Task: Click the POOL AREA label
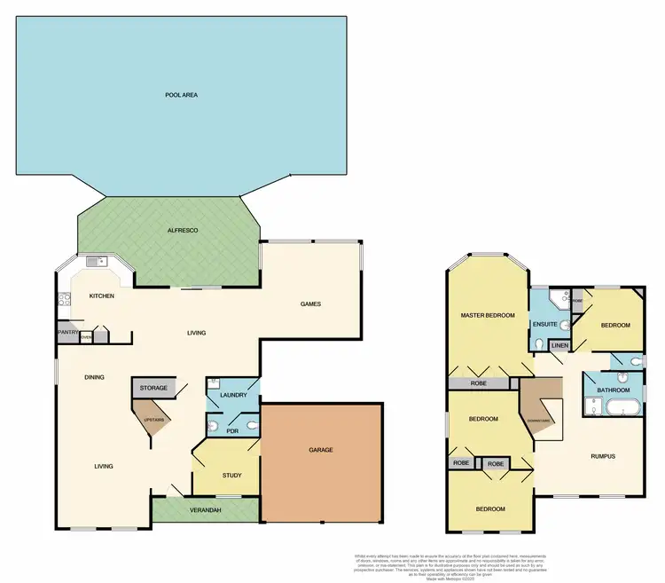pos(181,94)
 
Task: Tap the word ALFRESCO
pos(182,230)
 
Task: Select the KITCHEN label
pos(100,295)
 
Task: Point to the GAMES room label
pos(309,303)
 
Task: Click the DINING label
pos(95,377)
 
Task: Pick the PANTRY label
pos(68,332)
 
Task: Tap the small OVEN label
pos(86,337)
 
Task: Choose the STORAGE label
pos(153,388)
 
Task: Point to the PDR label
pos(232,430)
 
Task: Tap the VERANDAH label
pos(204,508)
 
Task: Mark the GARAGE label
pos(321,450)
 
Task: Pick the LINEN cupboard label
pos(559,344)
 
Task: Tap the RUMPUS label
pos(603,456)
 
